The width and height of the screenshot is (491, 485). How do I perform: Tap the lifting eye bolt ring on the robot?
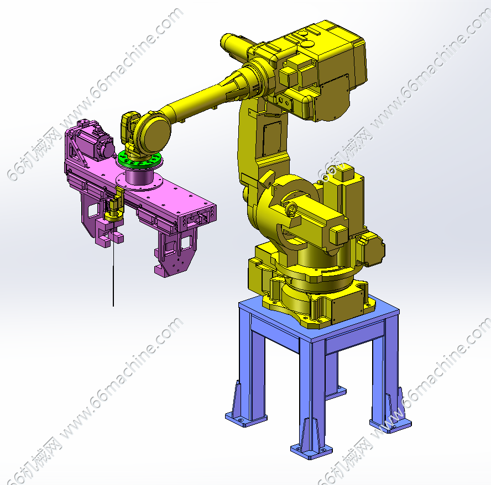point(291,209)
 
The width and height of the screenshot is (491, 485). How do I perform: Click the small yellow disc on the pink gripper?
point(113,215)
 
